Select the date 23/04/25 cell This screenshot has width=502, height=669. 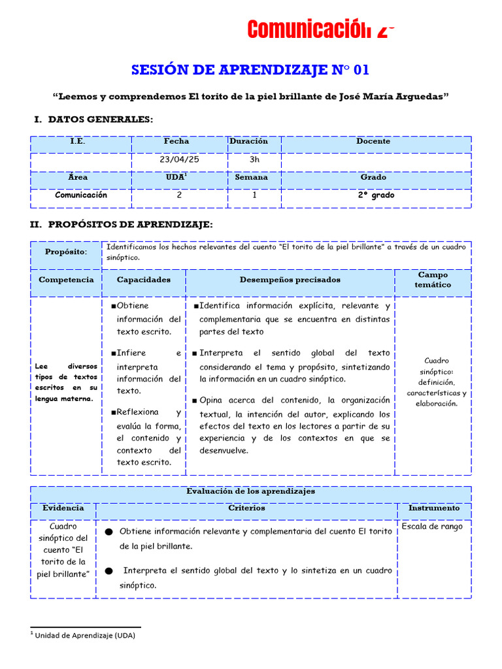pyautogui.click(x=179, y=159)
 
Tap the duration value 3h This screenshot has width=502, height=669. pyautogui.click(x=254, y=159)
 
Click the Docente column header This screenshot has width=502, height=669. pyautogui.click(x=373, y=141)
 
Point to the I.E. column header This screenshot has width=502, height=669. pyautogui.click(x=78, y=141)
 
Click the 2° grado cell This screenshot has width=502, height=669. pyautogui.click(x=376, y=195)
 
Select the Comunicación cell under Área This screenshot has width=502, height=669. pyautogui.click(x=81, y=195)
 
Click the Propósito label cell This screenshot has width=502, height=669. pyautogui.click(x=66, y=252)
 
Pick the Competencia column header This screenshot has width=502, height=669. pyautogui.click(x=66, y=280)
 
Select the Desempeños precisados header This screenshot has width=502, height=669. pyautogui.click(x=290, y=280)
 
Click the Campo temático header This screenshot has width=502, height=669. pyautogui.click(x=433, y=280)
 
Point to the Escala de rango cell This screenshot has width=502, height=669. pyautogui.click(x=432, y=527)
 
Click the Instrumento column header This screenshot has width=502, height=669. pyautogui.click(x=433, y=508)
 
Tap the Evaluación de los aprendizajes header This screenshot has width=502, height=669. pyautogui.click(x=250, y=491)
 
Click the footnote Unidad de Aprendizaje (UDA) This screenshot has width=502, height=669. pyautogui.click(x=85, y=635)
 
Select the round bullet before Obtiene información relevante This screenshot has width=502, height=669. pyautogui.click(x=109, y=532)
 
